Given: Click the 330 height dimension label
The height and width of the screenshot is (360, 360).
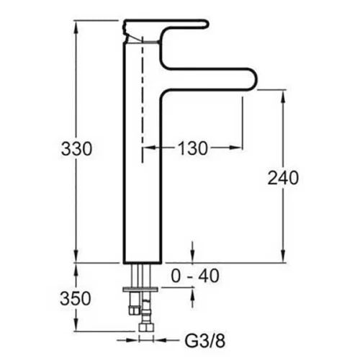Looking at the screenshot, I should click(x=76, y=149).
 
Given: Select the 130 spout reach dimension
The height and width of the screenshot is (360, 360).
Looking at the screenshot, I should click(x=193, y=149).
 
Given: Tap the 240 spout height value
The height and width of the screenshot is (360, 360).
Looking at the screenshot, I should click(x=282, y=178).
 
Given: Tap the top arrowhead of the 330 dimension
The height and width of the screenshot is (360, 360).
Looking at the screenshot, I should click(x=76, y=24).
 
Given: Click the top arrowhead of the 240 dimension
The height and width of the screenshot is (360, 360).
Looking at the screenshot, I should click(x=282, y=94).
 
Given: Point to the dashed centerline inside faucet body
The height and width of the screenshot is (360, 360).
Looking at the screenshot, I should click(x=143, y=94).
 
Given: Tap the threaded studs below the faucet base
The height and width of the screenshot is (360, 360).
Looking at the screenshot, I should click(x=138, y=276).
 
